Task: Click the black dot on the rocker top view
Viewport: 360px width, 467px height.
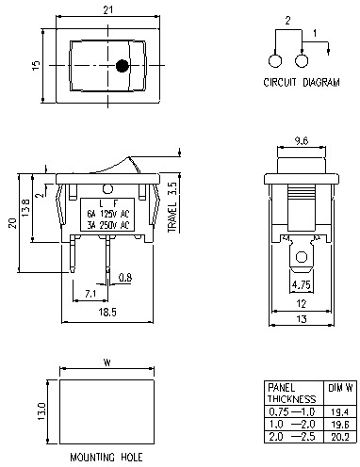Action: click(x=123, y=67)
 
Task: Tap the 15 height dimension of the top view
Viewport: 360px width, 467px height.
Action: click(x=36, y=65)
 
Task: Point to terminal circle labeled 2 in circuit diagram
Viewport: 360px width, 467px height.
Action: click(x=276, y=60)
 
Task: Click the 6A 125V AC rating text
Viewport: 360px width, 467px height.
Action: click(x=105, y=214)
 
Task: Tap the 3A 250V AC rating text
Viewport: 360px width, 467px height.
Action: click(x=105, y=225)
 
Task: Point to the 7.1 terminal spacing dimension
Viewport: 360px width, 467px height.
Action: click(x=90, y=294)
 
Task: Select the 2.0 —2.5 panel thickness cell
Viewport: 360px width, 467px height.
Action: click(x=288, y=436)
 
